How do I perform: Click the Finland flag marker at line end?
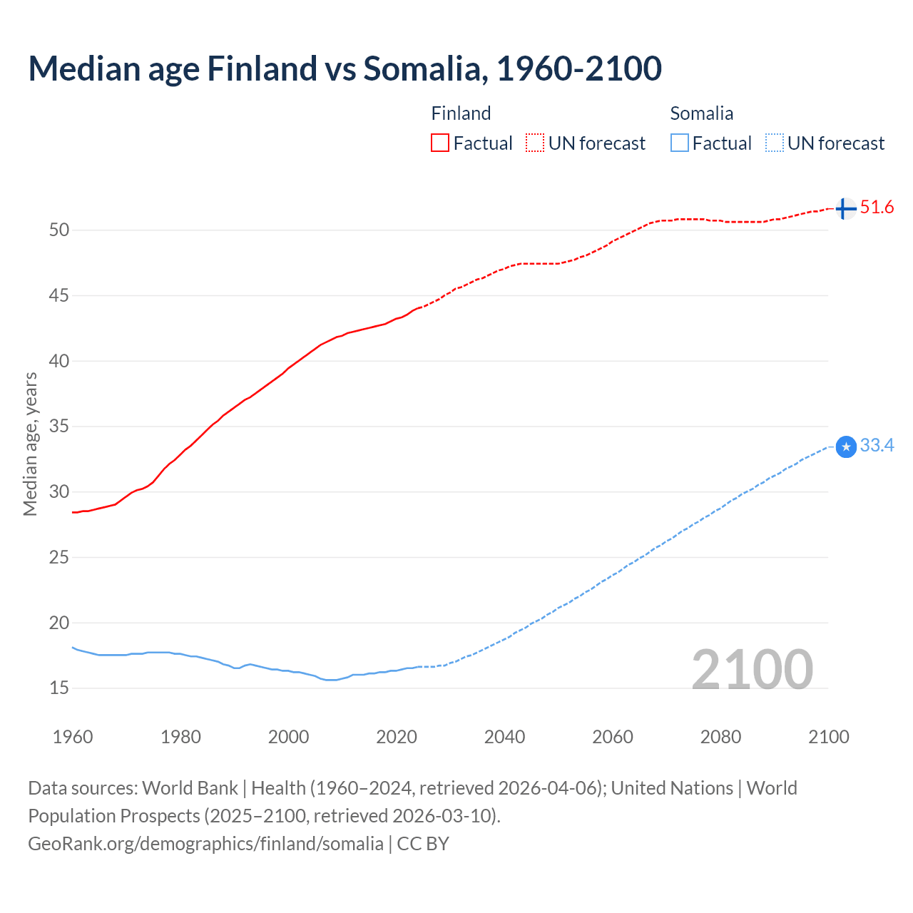(x=845, y=209)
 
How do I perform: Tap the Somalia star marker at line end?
(x=846, y=447)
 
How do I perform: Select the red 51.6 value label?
(x=877, y=208)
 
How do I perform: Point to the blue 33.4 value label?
(x=877, y=446)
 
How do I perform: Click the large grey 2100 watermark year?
(x=752, y=670)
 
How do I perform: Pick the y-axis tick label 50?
(x=59, y=230)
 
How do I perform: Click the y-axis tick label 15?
(x=59, y=688)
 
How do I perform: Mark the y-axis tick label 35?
(x=59, y=427)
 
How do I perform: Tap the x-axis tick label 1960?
(x=73, y=737)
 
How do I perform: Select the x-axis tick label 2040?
(x=504, y=737)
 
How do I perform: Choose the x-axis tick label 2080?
(x=720, y=737)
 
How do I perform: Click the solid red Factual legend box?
(x=440, y=143)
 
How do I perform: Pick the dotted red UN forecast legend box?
(x=535, y=143)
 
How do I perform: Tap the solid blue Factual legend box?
(x=680, y=143)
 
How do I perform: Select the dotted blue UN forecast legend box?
(x=775, y=143)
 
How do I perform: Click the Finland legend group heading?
(x=461, y=113)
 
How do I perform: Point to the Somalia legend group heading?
(x=701, y=113)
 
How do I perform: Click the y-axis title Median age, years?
(x=30, y=444)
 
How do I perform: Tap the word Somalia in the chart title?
(x=425, y=68)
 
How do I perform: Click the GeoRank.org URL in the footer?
(x=205, y=844)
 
